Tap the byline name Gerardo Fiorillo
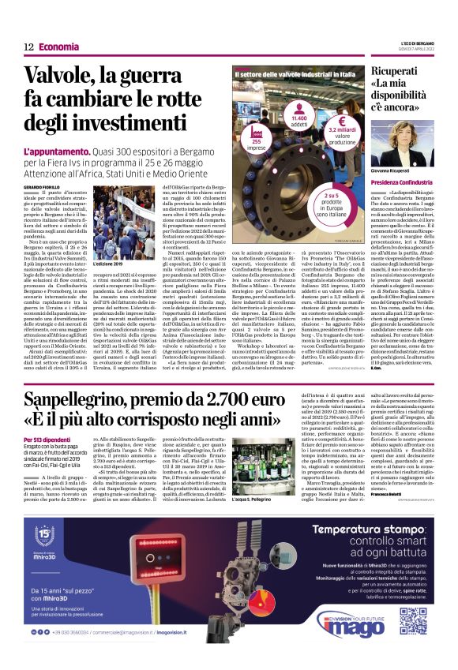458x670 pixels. (x=40, y=185)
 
